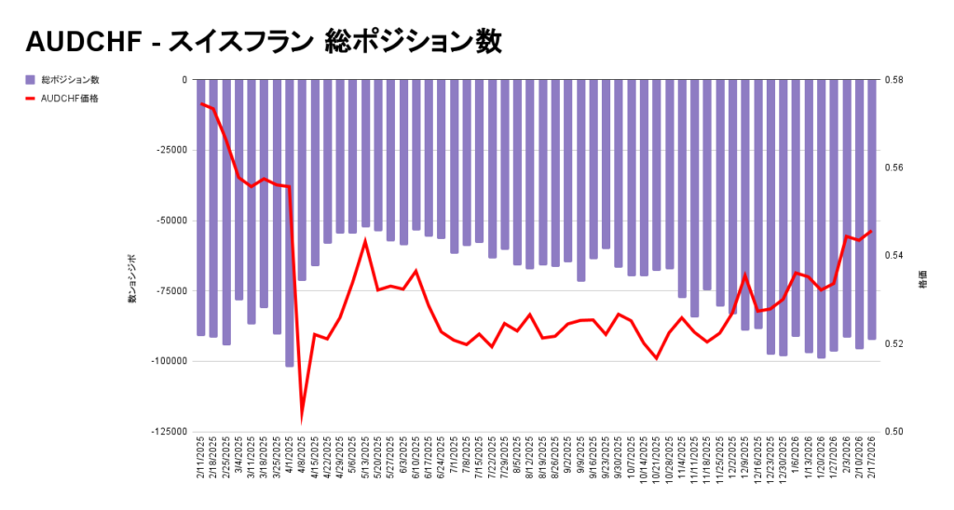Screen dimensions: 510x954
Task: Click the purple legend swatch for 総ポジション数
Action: click(x=31, y=80)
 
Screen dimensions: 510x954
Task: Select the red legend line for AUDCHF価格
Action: click(x=31, y=98)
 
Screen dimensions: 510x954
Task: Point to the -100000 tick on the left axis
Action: click(x=169, y=361)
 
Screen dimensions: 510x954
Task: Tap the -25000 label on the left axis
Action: click(x=171, y=151)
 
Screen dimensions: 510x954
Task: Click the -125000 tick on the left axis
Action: click(x=169, y=432)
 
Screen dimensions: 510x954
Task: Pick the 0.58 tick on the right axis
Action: click(x=892, y=80)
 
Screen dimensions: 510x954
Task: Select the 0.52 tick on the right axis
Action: click(x=892, y=343)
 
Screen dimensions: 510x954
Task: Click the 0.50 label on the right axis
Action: click(x=892, y=432)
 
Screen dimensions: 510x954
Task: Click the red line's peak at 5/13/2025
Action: click(x=365, y=241)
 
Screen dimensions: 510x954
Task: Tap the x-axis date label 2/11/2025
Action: click(x=201, y=462)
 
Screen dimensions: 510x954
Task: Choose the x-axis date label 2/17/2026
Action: click(x=872, y=462)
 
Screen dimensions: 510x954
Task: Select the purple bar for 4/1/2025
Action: click(x=289, y=223)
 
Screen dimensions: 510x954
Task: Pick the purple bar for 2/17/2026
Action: click(x=872, y=209)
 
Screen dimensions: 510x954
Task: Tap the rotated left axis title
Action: click(x=132, y=278)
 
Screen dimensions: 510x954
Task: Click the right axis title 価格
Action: click(x=922, y=278)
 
